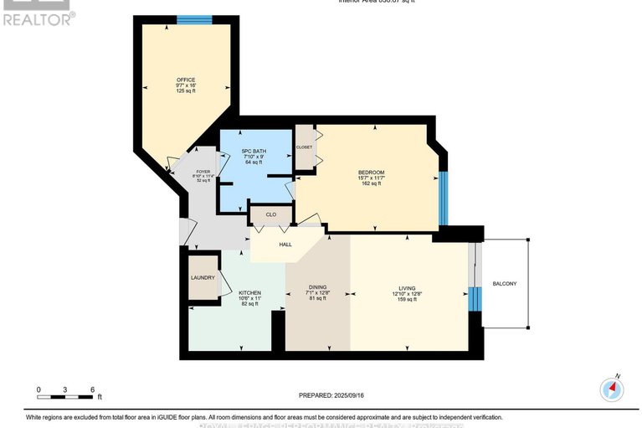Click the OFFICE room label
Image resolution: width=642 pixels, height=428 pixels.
coord(185,80)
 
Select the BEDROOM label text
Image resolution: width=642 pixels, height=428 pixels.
coord(371,172)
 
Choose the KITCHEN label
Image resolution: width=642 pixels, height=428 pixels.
coord(228,292)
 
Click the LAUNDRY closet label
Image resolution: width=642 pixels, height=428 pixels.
coord(203,278)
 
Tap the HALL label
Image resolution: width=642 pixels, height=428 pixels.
coord(285,245)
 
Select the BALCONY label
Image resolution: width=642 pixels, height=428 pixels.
coord(505,284)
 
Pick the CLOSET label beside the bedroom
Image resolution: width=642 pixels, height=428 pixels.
coord(305,147)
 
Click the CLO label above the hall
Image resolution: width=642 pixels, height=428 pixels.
coord(270,215)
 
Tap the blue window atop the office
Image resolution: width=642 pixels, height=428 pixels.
coord(193,20)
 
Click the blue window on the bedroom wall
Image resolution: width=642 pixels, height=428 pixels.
coord(444,198)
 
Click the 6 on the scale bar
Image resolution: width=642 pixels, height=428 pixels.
coord(91,389)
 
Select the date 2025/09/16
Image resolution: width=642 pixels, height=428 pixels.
coord(352,395)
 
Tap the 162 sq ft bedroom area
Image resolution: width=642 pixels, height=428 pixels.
coord(371,183)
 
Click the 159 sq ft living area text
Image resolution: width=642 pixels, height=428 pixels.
coord(408,299)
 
